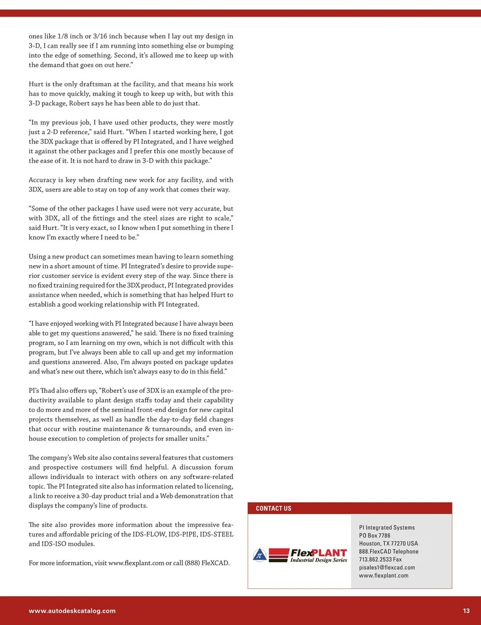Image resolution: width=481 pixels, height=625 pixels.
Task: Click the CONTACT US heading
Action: pos(273,508)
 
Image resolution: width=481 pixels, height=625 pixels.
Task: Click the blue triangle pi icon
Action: pos(260,555)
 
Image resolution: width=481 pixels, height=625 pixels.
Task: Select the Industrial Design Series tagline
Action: pos(319,560)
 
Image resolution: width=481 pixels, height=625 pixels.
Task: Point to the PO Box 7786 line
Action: pos(374,535)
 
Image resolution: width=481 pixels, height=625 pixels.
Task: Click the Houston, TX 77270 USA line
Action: pos(388,543)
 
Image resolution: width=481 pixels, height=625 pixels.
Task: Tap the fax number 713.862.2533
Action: pos(380,559)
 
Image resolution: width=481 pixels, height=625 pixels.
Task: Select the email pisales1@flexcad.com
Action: pos(387,567)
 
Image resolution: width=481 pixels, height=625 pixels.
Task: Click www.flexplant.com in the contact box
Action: pos(383,575)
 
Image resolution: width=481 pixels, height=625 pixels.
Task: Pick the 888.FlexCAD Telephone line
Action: pos(388,551)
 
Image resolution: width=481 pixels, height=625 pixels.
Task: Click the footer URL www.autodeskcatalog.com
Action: pos(72,610)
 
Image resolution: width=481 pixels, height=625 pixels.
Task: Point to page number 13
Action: pos(466,610)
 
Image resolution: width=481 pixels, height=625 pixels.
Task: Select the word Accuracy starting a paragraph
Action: pos(42,180)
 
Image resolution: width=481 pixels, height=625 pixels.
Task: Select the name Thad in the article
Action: pos(48,390)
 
